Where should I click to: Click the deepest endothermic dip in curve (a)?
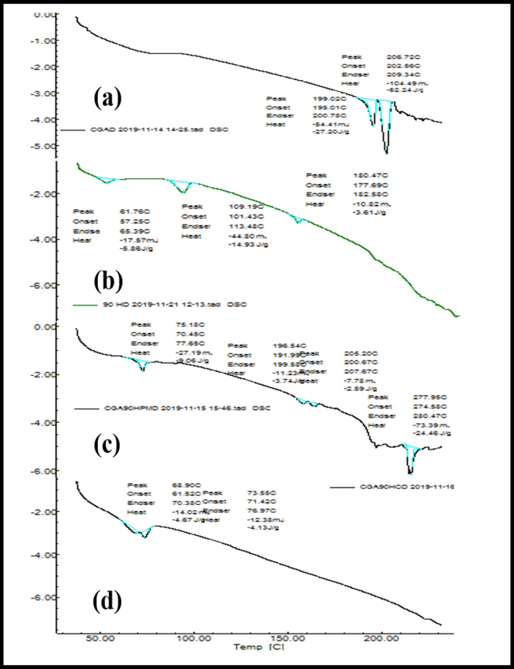click(386, 153)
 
